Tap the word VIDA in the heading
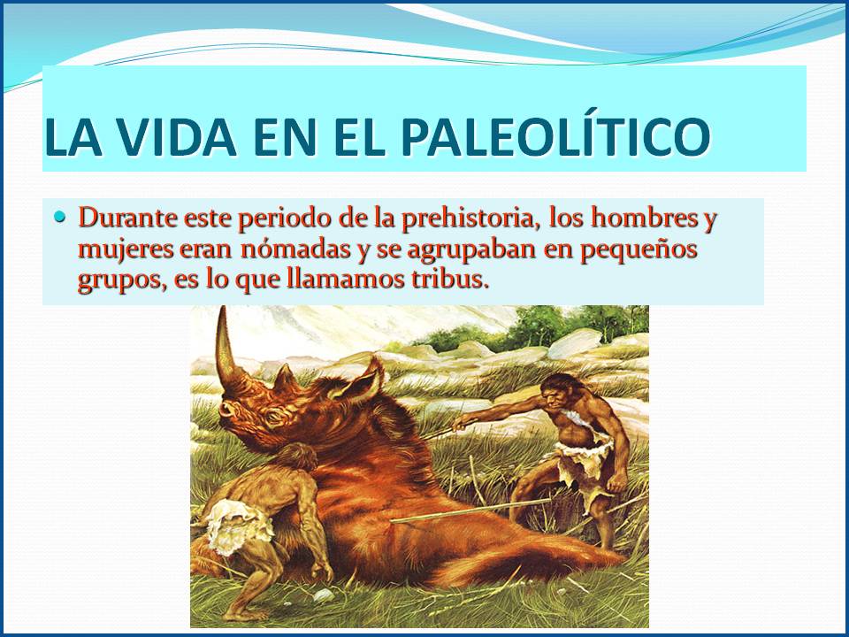(x=177, y=135)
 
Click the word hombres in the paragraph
(x=643, y=218)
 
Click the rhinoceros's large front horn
(x=227, y=352)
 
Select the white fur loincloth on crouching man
(x=236, y=526)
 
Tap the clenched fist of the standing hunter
(x=617, y=482)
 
